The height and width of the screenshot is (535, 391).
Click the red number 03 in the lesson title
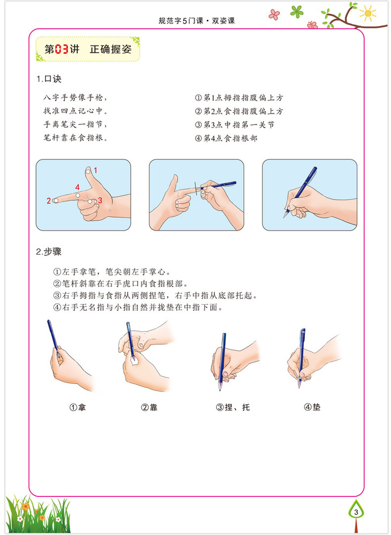pos(62,49)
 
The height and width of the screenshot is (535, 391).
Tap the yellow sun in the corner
pos(367,13)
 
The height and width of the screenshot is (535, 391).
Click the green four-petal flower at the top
pos(297,11)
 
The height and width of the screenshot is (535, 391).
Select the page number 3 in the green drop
pos(356,512)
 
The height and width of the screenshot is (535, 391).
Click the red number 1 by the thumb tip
pos(96,170)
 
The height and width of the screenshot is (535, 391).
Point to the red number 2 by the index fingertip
pos(49,201)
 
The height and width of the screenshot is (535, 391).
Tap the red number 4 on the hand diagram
pos(77,187)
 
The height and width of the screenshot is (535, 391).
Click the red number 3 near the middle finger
pos(100,200)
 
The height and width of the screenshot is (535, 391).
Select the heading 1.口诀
pos(49,79)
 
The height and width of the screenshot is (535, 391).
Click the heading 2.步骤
pos(49,252)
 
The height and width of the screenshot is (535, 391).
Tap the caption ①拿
pos(78,407)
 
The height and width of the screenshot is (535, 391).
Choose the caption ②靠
pos(149,407)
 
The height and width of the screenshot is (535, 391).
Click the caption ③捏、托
pos(233,407)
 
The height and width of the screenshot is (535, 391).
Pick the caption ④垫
pos(312,407)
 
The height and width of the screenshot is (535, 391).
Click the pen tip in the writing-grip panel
pos(284,217)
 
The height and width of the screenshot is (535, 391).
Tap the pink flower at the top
pos(274,14)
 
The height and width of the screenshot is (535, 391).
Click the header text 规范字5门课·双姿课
pos(197,21)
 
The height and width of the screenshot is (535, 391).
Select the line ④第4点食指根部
pos(226,138)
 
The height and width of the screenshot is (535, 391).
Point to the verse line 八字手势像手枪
pos(75,98)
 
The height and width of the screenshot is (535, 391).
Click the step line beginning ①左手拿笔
pos(112,272)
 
